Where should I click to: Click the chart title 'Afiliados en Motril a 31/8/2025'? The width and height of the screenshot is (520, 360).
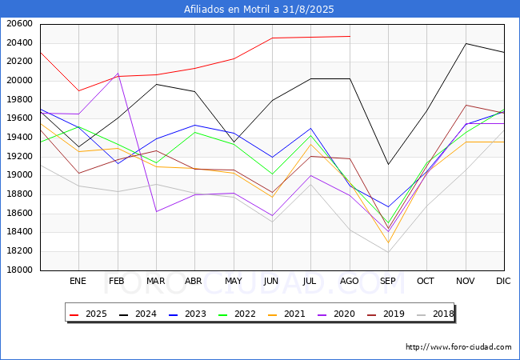click(258, 10)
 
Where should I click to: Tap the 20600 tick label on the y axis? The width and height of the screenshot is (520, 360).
click(19, 24)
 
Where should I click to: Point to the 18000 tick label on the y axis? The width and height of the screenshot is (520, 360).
click(19, 270)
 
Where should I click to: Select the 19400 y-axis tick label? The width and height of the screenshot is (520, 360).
click(19, 138)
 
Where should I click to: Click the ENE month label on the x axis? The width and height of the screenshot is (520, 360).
click(78, 281)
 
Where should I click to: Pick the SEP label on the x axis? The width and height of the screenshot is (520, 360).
click(388, 281)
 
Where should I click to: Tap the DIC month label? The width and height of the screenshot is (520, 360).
click(503, 281)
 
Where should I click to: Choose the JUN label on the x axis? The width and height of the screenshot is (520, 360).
click(271, 281)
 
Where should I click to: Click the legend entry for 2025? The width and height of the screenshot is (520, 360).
click(88, 314)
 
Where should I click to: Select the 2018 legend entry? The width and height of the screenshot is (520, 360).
click(435, 314)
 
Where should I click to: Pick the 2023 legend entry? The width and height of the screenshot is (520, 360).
click(187, 314)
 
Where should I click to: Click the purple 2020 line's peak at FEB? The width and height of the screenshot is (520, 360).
click(118, 74)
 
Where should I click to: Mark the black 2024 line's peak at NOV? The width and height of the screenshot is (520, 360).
click(466, 43)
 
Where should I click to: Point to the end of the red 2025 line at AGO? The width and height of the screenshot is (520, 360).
click(350, 36)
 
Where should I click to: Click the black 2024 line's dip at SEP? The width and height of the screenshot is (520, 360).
click(388, 165)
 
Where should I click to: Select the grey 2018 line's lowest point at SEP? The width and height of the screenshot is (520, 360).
click(388, 252)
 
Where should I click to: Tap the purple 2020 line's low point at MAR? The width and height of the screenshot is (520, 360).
click(156, 211)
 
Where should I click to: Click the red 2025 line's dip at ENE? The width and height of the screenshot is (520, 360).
click(78, 91)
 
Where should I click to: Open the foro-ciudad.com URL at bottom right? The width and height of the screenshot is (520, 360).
click(458, 347)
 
